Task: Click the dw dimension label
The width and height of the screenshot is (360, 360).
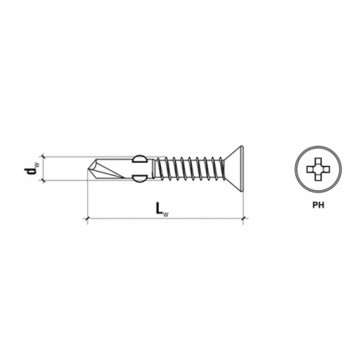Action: click(31, 169)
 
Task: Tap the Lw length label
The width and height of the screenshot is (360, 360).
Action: click(162, 209)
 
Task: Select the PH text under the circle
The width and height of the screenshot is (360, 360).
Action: click(318, 205)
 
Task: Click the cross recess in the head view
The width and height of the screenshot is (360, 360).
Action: click(318, 169)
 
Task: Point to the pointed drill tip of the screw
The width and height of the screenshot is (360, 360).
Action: click(88, 169)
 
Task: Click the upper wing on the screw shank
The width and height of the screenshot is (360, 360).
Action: click(139, 159)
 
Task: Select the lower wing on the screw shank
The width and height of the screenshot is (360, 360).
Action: click(139, 179)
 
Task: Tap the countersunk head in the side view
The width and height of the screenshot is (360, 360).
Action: click(234, 169)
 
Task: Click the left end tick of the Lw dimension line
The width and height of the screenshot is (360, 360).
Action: click(87, 219)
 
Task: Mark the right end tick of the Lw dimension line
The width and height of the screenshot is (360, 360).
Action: click(244, 219)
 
